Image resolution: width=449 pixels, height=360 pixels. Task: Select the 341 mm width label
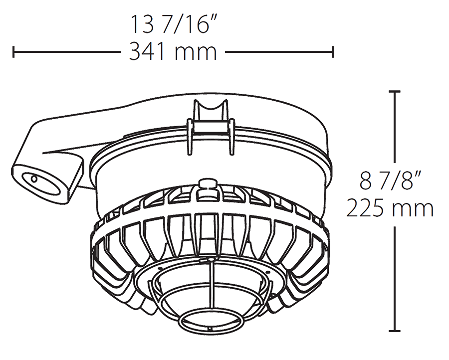coord(173,52)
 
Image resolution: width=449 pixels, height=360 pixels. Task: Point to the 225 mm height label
coord(390,208)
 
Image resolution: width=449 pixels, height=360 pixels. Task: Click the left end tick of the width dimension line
coord(13,51)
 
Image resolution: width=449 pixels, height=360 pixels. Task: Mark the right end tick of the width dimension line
coord(333,51)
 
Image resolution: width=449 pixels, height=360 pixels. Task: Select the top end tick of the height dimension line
coord(395,92)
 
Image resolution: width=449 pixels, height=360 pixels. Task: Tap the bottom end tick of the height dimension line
coord(395,331)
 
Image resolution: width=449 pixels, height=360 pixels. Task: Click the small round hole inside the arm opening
coord(34,178)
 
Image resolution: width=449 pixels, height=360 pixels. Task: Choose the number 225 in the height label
coord(367,208)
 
